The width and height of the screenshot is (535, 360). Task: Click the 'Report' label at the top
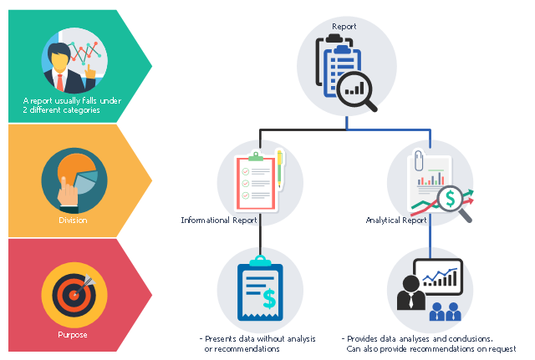point(344,27)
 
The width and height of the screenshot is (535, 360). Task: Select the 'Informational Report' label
point(220,221)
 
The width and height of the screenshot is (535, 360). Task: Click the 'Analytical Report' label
point(396,221)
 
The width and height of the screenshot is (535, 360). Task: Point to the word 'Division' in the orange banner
point(73,221)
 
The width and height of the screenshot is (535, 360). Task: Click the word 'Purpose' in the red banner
point(73,335)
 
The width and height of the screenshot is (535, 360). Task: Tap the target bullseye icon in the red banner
point(74,295)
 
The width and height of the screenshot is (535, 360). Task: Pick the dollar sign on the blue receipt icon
point(268,297)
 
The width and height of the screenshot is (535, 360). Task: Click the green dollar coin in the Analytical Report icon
point(451,199)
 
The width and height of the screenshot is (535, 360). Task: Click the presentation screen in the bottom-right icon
point(441,274)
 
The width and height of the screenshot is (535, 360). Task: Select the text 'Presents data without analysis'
point(257,338)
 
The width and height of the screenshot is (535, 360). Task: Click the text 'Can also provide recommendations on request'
point(431,349)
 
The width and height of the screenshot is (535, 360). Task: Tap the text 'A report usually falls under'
point(73,101)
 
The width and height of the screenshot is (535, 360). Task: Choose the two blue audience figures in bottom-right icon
point(445,312)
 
